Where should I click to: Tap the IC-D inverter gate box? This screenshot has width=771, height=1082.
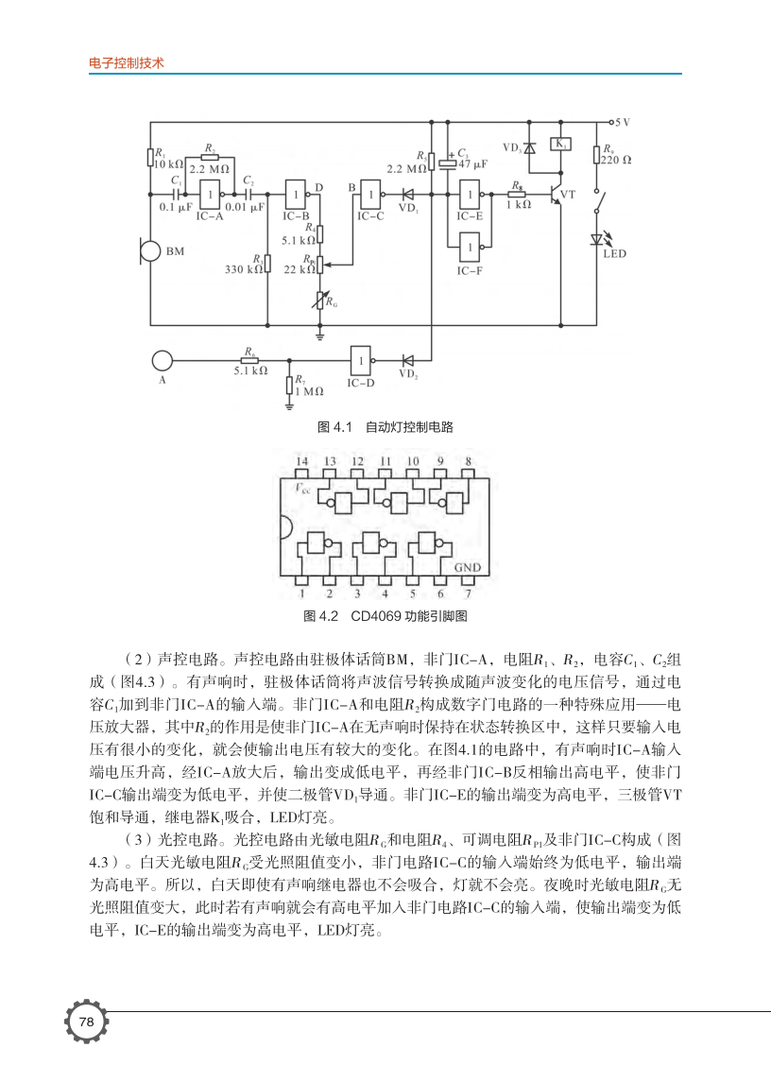[x=360, y=360]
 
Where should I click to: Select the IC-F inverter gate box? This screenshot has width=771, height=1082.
[x=470, y=249]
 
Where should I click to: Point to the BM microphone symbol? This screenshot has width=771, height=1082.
[x=149, y=251]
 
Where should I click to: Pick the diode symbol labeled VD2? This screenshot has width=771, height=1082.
[x=408, y=360]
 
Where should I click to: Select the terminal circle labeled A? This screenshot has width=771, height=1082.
[x=163, y=360]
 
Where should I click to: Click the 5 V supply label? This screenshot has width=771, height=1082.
[x=623, y=123]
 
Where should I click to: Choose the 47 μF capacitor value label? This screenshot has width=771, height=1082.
[x=472, y=163]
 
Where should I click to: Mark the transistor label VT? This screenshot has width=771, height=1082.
[x=568, y=194]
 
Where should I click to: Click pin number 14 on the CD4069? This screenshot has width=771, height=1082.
[x=301, y=461]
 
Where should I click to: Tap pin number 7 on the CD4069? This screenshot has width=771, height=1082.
[x=468, y=594]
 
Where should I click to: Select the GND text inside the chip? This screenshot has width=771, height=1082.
[x=467, y=568]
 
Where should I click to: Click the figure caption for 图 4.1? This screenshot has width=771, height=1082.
[x=385, y=427]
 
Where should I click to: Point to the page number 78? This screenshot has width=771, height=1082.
[x=86, y=1022]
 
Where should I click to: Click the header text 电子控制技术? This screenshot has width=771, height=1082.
[x=126, y=63]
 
